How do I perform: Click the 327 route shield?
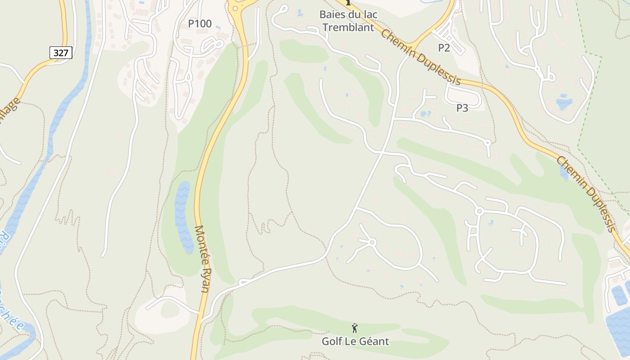tap(60, 53)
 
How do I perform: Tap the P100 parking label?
tap(199, 24)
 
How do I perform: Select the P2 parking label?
tap(444, 48)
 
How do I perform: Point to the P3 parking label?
tap(462, 108)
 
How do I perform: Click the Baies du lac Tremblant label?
tap(348, 21)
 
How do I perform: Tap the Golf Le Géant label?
tap(355, 341)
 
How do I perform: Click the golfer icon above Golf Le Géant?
tap(355, 328)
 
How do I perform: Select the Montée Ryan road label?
tap(202, 258)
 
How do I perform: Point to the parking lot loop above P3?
tap(463, 94)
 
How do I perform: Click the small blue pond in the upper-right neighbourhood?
tap(564, 103)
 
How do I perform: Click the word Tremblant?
tap(348, 27)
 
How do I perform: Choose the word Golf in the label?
tap(332, 341)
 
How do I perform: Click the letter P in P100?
tap(191, 24)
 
